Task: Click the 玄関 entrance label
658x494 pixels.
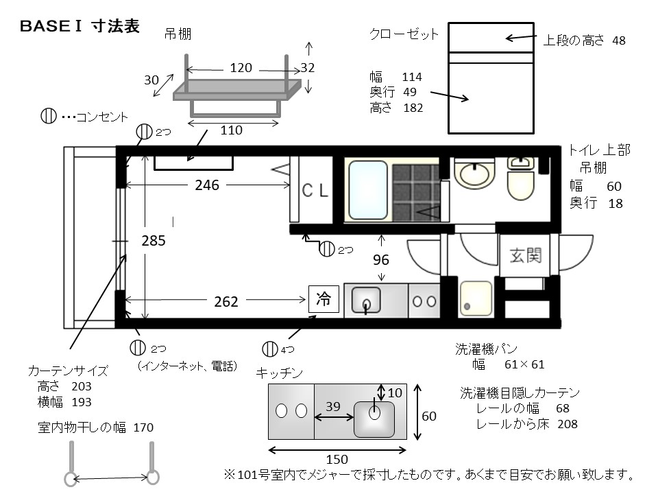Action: pos(526,255)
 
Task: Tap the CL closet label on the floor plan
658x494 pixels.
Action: pos(315,190)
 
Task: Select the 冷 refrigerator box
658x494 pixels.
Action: pos(324,299)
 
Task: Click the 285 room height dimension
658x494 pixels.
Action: pos(153,241)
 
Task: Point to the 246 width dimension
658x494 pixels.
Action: pos(207,185)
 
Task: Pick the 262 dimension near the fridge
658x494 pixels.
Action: pos(226,302)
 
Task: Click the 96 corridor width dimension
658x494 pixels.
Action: pos(381,260)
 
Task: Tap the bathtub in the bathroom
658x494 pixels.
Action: pos(368,190)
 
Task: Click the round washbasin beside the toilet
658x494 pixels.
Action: pos(474,173)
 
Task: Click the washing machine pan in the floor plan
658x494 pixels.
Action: pos(476,298)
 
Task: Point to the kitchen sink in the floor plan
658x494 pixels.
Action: pos(366,300)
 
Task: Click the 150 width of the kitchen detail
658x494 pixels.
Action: pos(337,459)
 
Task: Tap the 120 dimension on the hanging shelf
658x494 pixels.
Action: pos(241,68)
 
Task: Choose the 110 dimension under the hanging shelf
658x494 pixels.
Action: pos(231,130)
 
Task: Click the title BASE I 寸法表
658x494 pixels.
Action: pos(80,26)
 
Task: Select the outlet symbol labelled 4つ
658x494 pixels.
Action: pos(269,349)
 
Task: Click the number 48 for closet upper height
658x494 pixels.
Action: pos(619,40)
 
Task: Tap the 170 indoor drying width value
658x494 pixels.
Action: pos(143,427)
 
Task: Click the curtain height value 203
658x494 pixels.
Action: pos(82,386)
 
